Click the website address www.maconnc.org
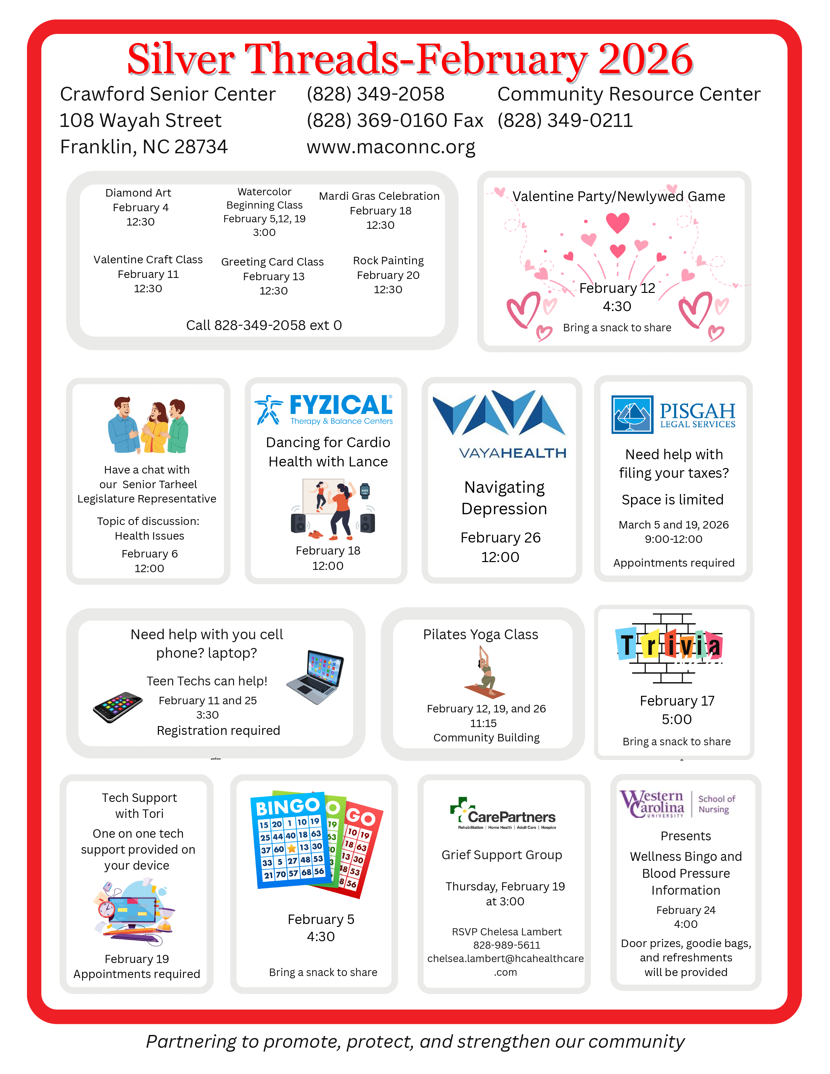(x=391, y=147)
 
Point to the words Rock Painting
(x=388, y=261)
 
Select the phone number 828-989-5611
(x=506, y=945)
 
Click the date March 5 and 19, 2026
(x=673, y=525)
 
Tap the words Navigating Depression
(x=504, y=498)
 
